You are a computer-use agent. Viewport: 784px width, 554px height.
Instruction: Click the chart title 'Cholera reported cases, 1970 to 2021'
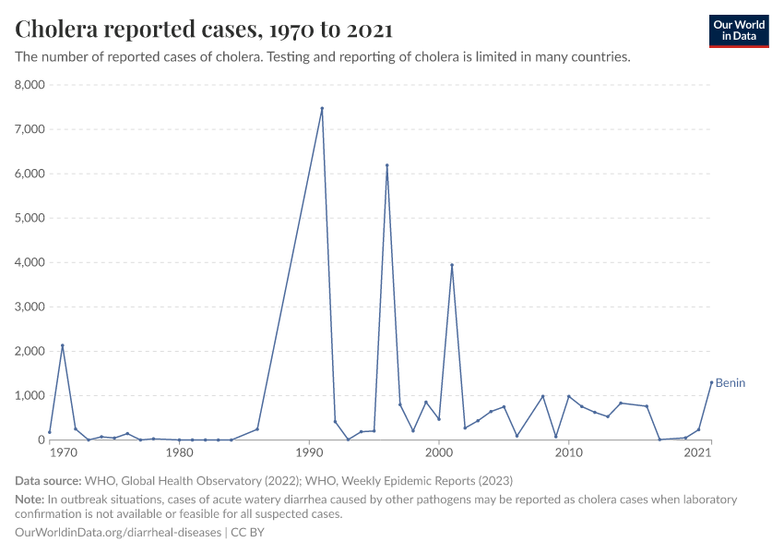coord(204,30)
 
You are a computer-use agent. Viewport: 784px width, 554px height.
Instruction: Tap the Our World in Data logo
coord(738,30)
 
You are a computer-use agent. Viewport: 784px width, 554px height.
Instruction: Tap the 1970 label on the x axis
coord(63,452)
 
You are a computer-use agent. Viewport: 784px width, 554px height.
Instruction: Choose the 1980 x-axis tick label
coord(179,452)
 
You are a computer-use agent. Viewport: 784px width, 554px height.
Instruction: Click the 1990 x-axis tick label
coord(309,452)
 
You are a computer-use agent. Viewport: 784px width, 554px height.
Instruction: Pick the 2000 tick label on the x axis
coord(439,452)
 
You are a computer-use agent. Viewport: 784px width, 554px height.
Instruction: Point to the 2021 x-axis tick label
coord(698,452)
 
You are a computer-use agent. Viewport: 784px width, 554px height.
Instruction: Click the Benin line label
coord(731,382)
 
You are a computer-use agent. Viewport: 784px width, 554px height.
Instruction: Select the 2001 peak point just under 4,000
coord(452,265)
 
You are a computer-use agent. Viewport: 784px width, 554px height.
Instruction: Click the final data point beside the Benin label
coord(711,382)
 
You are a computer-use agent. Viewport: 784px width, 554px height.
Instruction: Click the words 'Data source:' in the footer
coord(48,480)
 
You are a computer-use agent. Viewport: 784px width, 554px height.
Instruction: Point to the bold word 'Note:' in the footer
coord(30,500)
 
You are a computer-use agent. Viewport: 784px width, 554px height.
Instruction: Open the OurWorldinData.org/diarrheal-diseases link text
coord(118,533)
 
